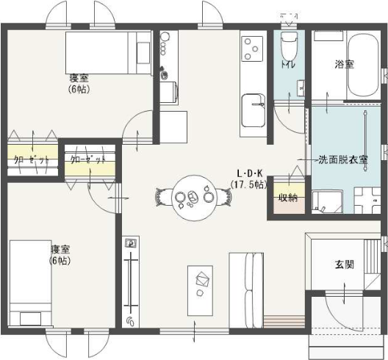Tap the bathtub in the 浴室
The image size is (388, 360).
pyautogui.click(x=363, y=65)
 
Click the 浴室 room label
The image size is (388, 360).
pyautogui.click(x=345, y=65)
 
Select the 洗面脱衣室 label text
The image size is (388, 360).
pyautogui.click(x=343, y=159)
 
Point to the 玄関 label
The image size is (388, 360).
pyautogui.click(x=345, y=264)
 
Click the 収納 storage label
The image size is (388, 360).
pyautogui.click(x=288, y=198)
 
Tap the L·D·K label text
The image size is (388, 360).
pyautogui.click(x=249, y=173)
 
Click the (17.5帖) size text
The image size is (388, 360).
pyautogui.click(x=249, y=184)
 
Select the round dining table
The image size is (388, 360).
pyautogui.click(x=194, y=198)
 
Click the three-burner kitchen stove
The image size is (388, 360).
pyautogui.click(x=252, y=48)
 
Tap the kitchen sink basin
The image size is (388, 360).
pyautogui.click(x=253, y=110)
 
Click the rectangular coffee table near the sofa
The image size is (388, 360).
pyautogui.click(x=200, y=291)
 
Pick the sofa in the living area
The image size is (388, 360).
pyautogui.click(x=246, y=290)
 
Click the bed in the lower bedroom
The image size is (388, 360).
pyautogui.click(x=30, y=284)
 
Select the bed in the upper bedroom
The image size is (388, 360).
pyautogui.click(x=108, y=53)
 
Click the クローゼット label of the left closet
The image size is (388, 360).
pyautogui.click(x=31, y=160)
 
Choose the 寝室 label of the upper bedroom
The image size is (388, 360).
pyautogui.click(x=79, y=79)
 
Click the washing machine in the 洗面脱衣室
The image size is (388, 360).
pyautogui.click(x=327, y=202)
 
